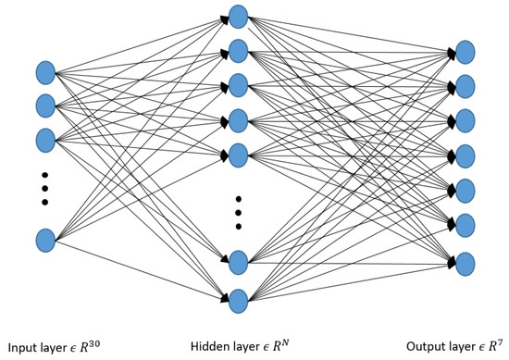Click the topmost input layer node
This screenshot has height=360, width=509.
tap(45, 72)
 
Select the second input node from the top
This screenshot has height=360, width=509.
tap(45, 106)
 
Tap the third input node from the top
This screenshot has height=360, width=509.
tap(45, 140)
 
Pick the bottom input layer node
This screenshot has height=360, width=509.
tap(45, 241)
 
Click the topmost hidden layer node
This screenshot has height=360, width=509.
tap(238, 16)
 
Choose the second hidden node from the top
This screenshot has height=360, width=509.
tap(238, 50)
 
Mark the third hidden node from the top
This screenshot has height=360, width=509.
tap(238, 84)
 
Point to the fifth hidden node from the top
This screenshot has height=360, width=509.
tap(238, 153)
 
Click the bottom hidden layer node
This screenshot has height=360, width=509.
tap(238, 300)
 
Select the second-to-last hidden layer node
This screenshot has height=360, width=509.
tap(238, 262)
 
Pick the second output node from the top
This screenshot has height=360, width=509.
tap(466, 87)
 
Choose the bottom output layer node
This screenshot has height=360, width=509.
tap(466, 264)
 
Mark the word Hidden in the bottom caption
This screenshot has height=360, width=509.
tap(210, 348)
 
